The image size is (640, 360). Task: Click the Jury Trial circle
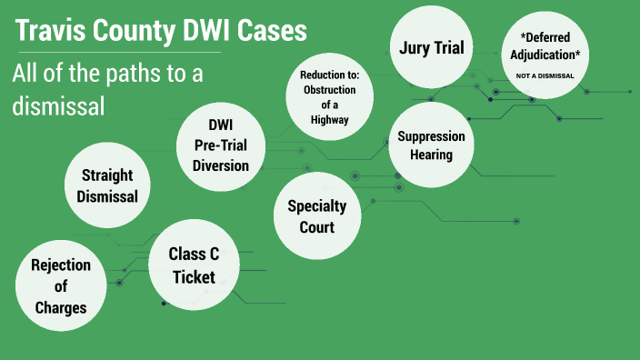point(432,47)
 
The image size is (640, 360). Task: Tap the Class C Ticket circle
point(193,265)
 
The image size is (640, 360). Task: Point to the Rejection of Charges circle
point(61,285)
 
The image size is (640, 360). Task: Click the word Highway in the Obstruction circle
point(327,119)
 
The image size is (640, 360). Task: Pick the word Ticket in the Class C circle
point(193,276)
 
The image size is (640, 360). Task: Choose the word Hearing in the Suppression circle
point(431,155)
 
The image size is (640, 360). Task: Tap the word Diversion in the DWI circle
point(220,165)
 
